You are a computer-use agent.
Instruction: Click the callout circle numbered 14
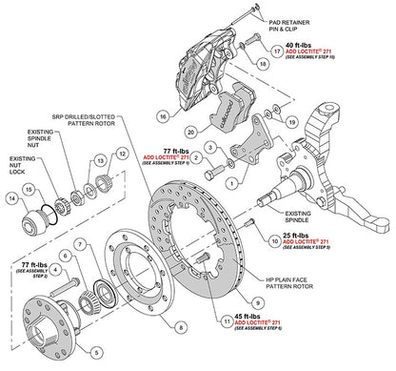pos(14,199)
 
